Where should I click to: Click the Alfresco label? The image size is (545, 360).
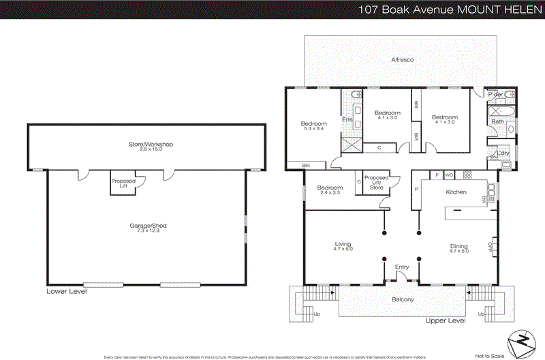pos(402,60)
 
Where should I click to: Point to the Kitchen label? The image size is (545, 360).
pos(456,192)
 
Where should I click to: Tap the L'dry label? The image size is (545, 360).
pos(505,153)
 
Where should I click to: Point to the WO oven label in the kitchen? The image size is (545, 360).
pos(449,175)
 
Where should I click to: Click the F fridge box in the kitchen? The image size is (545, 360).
pos(436,175)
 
